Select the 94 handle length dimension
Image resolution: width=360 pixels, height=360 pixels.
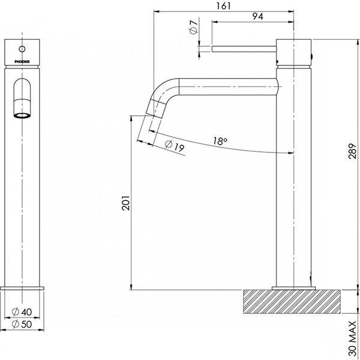[258, 16]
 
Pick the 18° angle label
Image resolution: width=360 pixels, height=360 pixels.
[220, 142]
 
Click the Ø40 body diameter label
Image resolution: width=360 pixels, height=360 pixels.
[23, 312]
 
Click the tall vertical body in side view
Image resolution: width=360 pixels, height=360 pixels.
[294, 180]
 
